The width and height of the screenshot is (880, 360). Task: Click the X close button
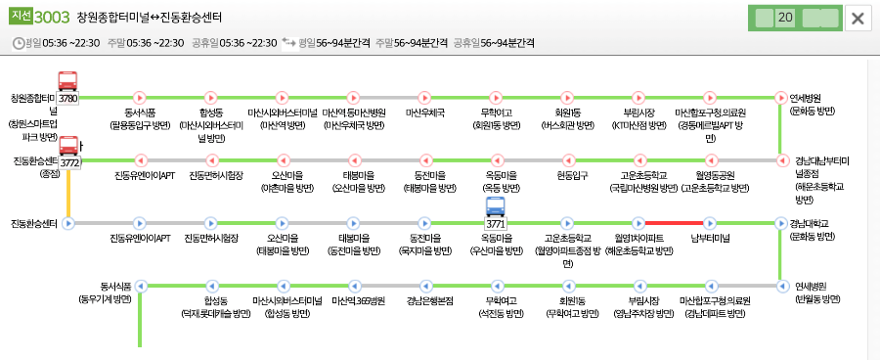pos(858,19)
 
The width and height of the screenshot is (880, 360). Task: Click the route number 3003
pos(51,18)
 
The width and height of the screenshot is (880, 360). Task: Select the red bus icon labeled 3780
pos(68,83)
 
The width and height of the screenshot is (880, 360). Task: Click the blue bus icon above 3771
pos(496,208)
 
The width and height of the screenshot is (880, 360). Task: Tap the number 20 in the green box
pos(784,18)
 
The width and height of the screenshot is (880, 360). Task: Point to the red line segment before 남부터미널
pos(675,223)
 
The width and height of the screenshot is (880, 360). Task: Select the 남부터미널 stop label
pos(710,238)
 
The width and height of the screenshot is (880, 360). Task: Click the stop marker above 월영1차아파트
pos(638,223)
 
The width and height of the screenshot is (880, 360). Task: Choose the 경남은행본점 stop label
pos(423,300)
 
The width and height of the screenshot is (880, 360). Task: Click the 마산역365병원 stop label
pos(353,300)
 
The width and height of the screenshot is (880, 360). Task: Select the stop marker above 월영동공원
pos(710,160)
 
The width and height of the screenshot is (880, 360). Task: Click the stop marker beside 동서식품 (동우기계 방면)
pos(140,286)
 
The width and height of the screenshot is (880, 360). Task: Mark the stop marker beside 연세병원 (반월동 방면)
pos(780,286)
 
